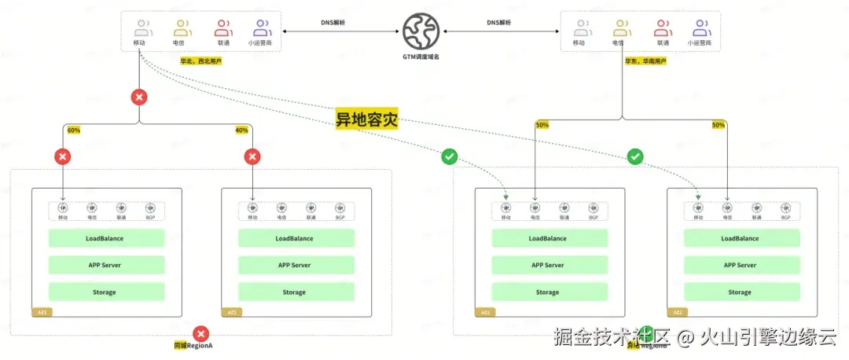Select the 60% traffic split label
tap(74, 130)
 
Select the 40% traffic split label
tap(241, 130)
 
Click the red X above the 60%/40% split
tap(139, 97)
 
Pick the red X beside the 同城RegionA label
tap(200, 333)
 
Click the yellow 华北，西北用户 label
tap(180, 61)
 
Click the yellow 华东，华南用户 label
tap(645, 61)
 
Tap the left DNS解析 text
tap(333, 23)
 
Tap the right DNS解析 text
tap(498, 23)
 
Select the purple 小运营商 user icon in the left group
tap(260, 29)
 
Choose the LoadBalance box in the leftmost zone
tap(106, 238)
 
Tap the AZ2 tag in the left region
tap(232, 312)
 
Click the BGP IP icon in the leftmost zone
tap(150, 209)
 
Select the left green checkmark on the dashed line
tap(449, 157)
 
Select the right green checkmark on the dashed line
tap(635, 157)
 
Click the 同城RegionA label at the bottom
tap(193, 345)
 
